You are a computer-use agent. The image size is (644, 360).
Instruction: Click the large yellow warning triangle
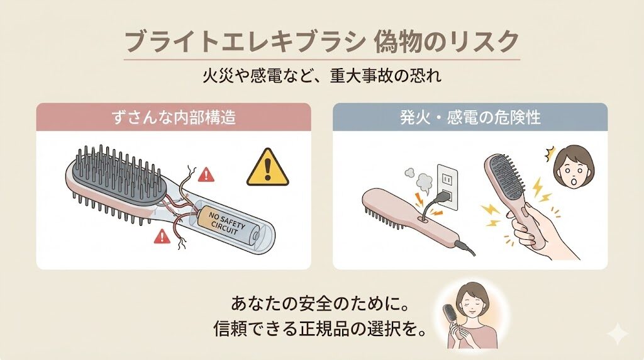pyautogui.click(x=267, y=168)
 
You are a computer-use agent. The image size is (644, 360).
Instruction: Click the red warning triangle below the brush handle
pyautogui.click(x=162, y=237)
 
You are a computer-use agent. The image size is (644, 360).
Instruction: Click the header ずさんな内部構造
pyautogui.click(x=174, y=117)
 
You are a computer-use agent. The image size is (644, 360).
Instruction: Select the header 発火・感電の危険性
pyautogui.click(x=470, y=117)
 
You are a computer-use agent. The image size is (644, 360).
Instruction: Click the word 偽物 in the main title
pyautogui.click(x=400, y=42)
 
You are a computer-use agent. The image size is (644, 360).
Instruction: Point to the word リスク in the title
pyautogui.click(x=489, y=42)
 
